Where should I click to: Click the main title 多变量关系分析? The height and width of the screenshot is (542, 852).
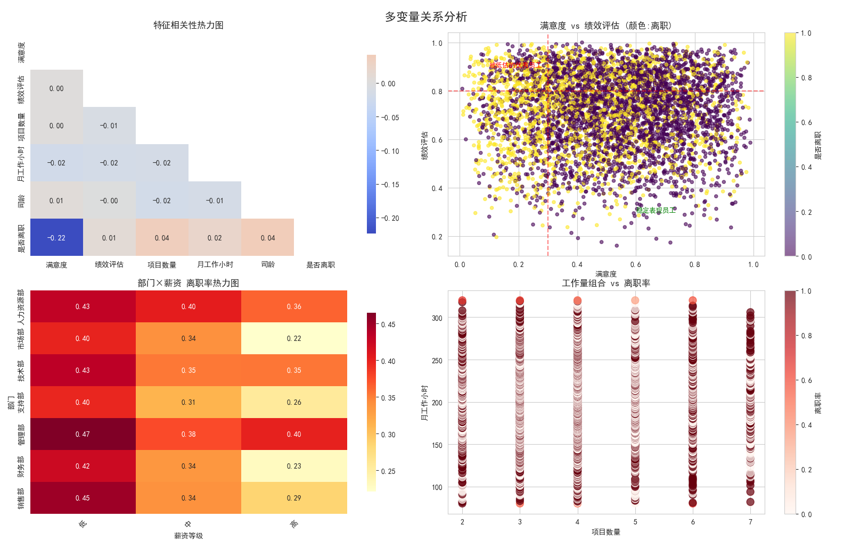pyautogui.click(x=426, y=17)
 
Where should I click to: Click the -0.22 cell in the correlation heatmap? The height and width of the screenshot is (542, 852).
pyautogui.click(x=56, y=238)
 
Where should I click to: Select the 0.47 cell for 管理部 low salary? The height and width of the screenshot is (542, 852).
pyautogui.click(x=83, y=434)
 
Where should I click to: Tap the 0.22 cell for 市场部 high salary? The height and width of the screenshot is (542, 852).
pyautogui.click(x=294, y=338)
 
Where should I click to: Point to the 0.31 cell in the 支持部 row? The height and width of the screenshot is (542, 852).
pyautogui.click(x=188, y=402)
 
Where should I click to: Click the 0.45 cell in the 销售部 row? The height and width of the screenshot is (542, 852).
pyautogui.click(x=83, y=498)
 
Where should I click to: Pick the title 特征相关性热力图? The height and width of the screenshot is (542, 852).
pyautogui.click(x=189, y=25)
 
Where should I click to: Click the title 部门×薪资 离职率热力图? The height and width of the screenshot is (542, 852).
pyautogui.click(x=189, y=283)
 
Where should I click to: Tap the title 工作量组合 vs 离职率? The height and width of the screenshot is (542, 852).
pyautogui.click(x=606, y=283)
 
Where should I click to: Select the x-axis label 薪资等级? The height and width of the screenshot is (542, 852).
pyautogui.click(x=189, y=536)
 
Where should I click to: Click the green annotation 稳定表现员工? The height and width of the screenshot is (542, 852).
pyautogui.click(x=656, y=211)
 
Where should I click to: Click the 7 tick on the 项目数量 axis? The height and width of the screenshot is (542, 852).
pyautogui.click(x=750, y=522)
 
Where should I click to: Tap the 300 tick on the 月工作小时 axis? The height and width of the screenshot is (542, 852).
pyautogui.click(x=437, y=318)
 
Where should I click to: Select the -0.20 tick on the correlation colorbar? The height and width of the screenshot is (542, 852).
pyautogui.click(x=390, y=218)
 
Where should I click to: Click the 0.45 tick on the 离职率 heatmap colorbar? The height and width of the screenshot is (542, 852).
pyautogui.click(x=388, y=324)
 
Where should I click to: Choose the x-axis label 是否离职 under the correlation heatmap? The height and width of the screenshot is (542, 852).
pyautogui.click(x=321, y=265)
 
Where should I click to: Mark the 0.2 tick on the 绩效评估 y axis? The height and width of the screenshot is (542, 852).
pyautogui.click(x=437, y=237)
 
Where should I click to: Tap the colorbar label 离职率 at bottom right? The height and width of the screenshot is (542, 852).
pyautogui.click(x=818, y=403)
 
